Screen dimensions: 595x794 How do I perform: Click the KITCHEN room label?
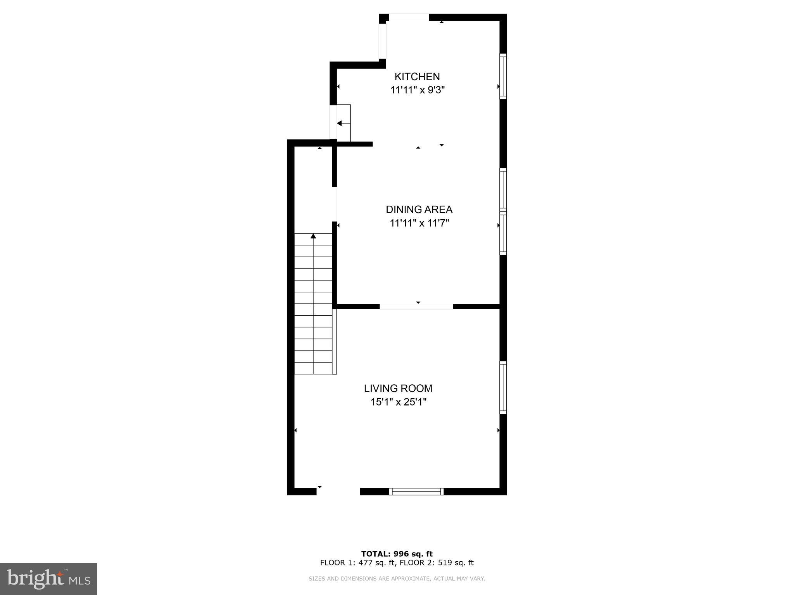417,76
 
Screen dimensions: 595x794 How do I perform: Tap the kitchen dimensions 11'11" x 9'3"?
417,90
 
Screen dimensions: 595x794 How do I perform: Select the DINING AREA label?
419,210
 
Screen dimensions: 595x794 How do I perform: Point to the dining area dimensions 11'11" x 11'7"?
419,223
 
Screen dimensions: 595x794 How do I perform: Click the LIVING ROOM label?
398,388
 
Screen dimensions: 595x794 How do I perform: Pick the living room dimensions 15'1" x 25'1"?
398,402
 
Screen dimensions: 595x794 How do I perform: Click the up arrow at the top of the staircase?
313,236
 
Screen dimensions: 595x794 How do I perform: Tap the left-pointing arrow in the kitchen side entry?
340,123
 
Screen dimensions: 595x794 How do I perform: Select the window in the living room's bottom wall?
416,492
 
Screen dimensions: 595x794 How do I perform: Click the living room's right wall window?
503,387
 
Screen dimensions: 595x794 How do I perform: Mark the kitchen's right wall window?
503,76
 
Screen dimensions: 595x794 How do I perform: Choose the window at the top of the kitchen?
409,17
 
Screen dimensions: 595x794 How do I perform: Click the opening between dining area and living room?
416,306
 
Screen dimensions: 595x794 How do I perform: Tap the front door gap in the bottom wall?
338,492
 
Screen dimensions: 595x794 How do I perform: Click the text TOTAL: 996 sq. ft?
397,554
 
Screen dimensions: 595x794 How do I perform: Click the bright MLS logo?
48,579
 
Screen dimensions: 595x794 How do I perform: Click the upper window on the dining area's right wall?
503,190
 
